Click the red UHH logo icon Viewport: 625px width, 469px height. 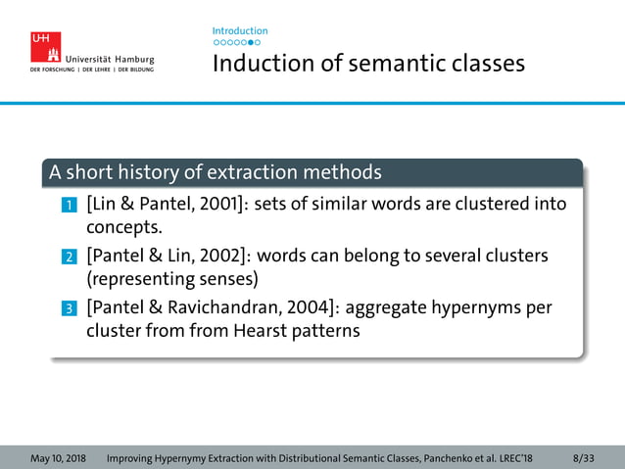45,47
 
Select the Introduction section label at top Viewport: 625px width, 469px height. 239,31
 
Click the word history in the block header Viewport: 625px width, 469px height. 149,173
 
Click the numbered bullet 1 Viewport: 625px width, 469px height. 69,206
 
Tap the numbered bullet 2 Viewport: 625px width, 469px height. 69,258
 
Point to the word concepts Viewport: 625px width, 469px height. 122,229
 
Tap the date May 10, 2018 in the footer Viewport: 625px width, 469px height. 58,458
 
